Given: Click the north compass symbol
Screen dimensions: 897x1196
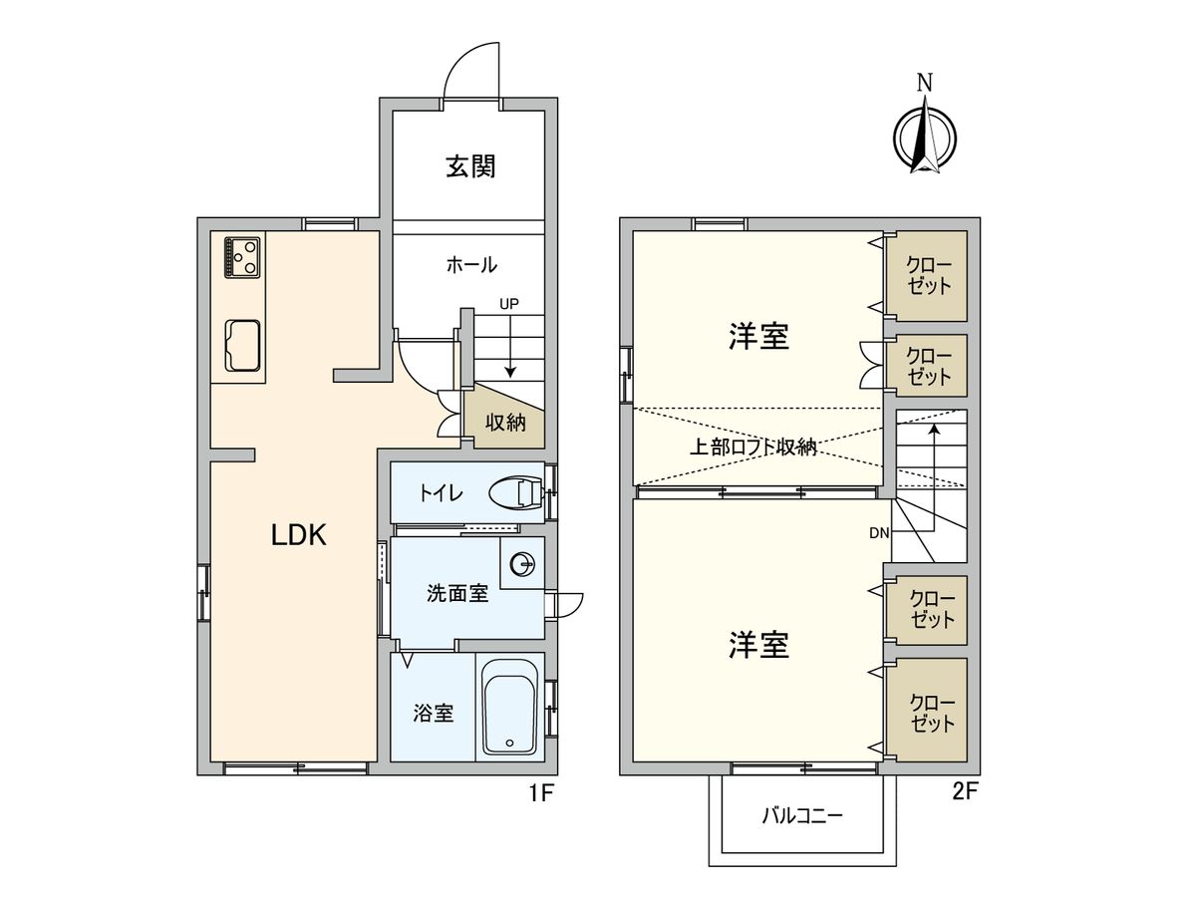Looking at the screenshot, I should click(x=925, y=136).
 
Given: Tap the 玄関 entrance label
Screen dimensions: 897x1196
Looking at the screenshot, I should click(x=470, y=165).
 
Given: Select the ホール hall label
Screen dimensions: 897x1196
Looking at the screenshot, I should click(x=471, y=265).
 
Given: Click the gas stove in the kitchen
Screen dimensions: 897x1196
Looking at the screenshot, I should click(x=242, y=256).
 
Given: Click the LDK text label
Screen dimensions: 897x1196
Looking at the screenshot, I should click(x=299, y=536).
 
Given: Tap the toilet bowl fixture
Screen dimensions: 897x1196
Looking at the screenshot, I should click(x=516, y=492).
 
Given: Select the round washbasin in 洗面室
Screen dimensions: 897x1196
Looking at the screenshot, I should click(x=521, y=565).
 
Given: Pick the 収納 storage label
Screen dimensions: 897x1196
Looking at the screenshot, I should click(x=505, y=422).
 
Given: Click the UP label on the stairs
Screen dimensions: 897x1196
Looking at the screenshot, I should click(x=509, y=304).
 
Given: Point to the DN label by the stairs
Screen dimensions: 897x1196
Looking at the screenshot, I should click(x=878, y=533).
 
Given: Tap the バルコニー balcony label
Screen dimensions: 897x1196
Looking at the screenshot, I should click(x=803, y=816).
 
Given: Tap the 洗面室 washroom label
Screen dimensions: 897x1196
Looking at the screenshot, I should click(x=456, y=594).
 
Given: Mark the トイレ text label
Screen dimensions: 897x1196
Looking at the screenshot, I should click(x=440, y=492).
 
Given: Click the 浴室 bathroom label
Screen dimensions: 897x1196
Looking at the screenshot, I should click(x=435, y=714).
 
